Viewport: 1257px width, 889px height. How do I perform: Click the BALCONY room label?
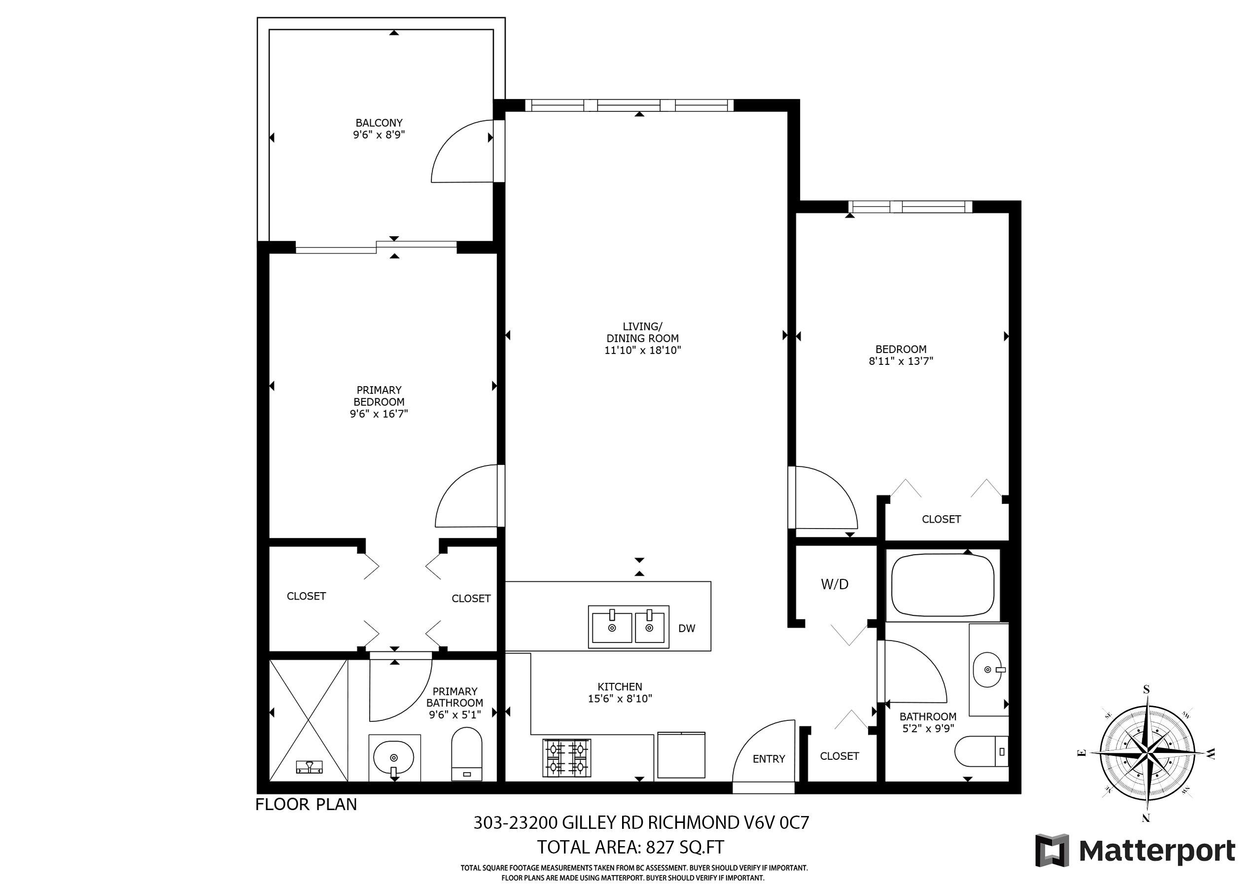[x=379, y=123]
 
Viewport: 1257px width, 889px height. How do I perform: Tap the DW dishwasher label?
[x=687, y=629]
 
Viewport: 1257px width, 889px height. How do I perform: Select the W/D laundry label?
[x=835, y=584]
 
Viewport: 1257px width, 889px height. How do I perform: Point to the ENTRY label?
[x=768, y=759]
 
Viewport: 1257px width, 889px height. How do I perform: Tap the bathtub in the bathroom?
[x=943, y=586]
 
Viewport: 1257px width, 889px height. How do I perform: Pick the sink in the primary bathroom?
[x=394, y=758]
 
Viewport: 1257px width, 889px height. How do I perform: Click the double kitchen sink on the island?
[x=628, y=627]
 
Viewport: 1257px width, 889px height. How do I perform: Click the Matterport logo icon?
[x=1052, y=850]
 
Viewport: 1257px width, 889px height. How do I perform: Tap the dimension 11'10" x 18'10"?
[x=643, y=350]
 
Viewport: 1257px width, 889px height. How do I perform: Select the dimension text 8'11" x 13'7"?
[x=901, y=361]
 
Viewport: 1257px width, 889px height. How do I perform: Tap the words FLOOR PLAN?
[x=306, y=804]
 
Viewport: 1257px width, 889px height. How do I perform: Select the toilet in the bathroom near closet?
[x=981, y=751]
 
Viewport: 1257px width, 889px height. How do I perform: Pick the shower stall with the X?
[x=308, y=720]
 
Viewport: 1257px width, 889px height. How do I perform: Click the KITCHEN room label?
[x=620, y=686]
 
